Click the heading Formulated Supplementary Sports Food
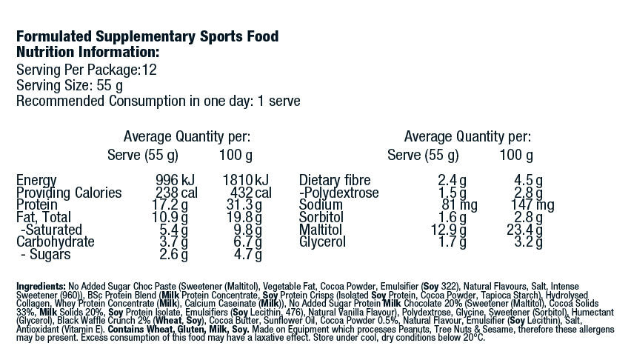click(x=147, y=37)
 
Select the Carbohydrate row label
click(x=56, y=241)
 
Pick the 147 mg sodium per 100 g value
click(x=527, y=205)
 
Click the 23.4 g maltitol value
click(x=524, y=230)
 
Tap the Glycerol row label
click(x=323, y=241)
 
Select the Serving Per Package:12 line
click(x=86, y=70)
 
